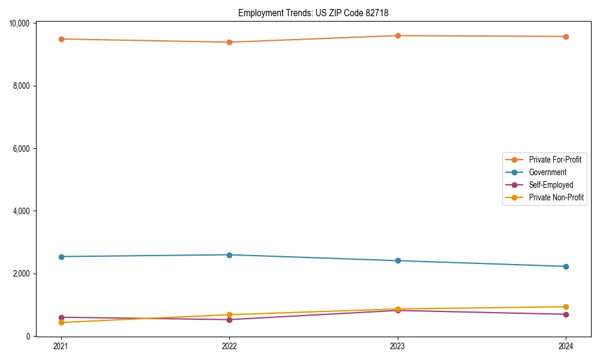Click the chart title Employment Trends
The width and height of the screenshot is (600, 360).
[x=317, y=13]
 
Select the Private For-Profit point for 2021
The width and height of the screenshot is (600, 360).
[x=61, y=39]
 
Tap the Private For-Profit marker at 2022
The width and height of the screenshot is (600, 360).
[x=229, y=42]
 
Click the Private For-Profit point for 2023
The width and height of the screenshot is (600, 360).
[x=398, y=35]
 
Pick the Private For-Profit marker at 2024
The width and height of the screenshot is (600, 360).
[x=566, y=37]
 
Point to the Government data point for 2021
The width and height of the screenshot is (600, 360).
[x=61, y=257]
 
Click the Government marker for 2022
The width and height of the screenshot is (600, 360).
[x=229, y=255]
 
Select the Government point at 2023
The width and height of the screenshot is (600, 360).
[x=398, y=261]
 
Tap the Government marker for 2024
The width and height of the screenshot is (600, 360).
[x=566, y=266]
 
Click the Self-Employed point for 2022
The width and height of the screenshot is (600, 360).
[x=229, y=319]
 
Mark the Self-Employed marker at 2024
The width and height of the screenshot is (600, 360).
[x=566, y=314]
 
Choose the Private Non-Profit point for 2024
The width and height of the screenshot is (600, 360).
[x=566, y=307]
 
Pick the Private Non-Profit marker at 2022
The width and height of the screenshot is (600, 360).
[x=229, y=314]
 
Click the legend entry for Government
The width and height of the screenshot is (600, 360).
[x=547, y=172]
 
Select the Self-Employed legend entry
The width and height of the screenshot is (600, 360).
[x=551, y=185]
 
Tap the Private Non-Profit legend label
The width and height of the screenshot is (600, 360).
[x=556, y=197]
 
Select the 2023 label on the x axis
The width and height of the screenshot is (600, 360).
[x=398, y=346]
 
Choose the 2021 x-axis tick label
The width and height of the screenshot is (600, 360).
[x=61, y=346]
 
